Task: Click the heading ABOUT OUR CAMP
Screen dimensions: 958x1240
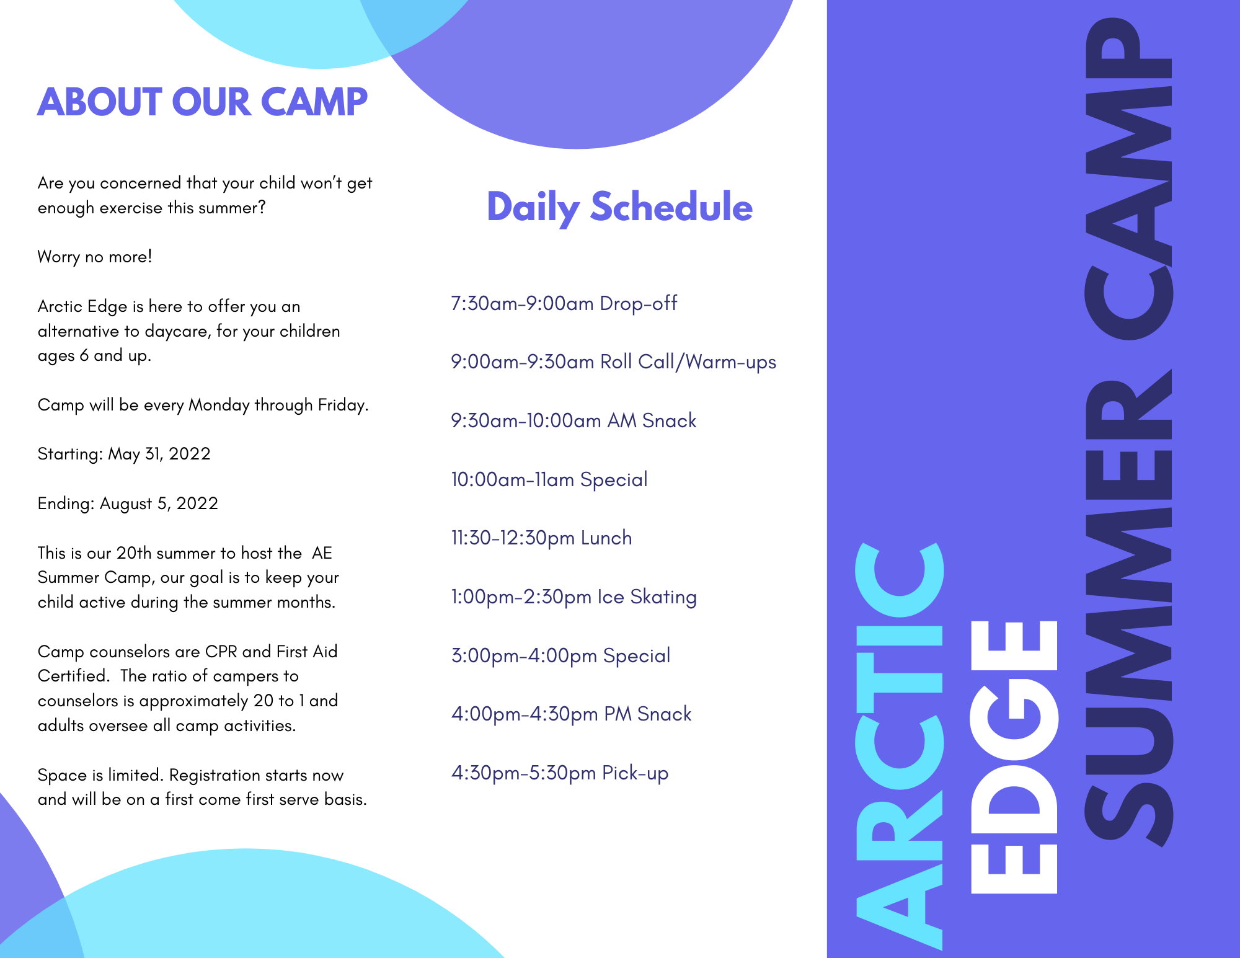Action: click(202, 102)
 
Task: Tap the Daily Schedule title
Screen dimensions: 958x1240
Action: click(619, 207)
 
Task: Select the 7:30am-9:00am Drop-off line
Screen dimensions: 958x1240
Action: click(564, 304)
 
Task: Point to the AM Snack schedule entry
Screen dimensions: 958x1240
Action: click(573, 421)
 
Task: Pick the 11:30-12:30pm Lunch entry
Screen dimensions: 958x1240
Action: click(541, 538)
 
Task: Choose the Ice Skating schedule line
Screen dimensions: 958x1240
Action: click(573, 597)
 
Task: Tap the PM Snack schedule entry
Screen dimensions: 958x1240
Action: click(571, 714)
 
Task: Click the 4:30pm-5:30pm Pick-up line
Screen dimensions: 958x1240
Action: click(559, 773)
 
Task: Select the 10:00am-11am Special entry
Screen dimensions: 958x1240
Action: click(549, 480)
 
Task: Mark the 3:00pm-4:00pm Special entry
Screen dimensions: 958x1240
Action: click(560, 656)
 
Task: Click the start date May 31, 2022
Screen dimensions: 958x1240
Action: click(159, 455)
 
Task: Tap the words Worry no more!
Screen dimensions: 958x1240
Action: click(95, 257)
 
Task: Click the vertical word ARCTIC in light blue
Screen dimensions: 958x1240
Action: click(899, 744)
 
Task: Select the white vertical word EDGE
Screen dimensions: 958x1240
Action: click(1014, 756)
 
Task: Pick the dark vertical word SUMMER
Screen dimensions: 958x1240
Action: click(1128, 608)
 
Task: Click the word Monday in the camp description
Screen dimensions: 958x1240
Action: click(219, 406)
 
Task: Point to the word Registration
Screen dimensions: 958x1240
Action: click(215, 776)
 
